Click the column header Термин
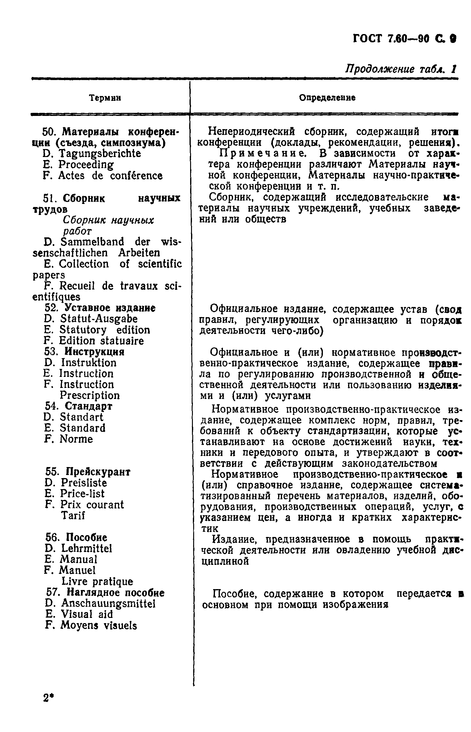[105, 98]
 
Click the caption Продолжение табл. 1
[401, 69]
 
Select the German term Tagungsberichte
[100, 153]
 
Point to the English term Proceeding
[86, 165]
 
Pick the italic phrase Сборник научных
[108, 220]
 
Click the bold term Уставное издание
[111, 308]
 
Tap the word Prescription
[90, 395]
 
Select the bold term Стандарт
[89, 406]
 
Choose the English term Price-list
[82, 493]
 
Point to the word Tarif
[73, 515]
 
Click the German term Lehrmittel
[86, 548]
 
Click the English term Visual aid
[86, 614]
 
